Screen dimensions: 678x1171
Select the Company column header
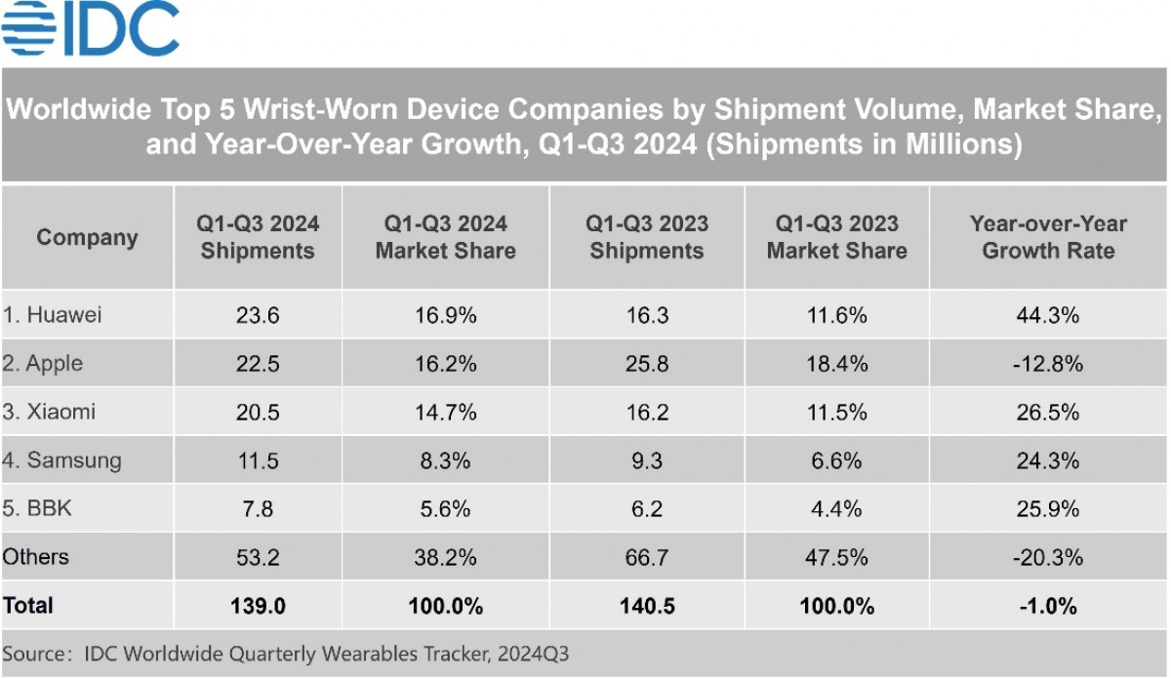point(87,238)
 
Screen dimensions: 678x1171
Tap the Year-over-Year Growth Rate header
point(1048,237)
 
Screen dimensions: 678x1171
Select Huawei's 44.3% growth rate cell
point(1048,315)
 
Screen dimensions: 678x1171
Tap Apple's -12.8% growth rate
point(1048,364)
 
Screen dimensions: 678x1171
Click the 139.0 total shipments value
point(258,606)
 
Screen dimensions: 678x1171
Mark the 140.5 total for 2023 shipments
point(647,606)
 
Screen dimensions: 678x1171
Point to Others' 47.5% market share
point(836,557)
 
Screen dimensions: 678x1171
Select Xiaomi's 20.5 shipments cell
point(258,412)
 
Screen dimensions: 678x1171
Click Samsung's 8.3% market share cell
point(446,460)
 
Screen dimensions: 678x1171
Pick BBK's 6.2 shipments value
point(647,508)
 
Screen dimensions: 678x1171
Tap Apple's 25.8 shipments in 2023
point(647,364)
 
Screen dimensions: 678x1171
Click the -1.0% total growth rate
point(1048,606)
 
